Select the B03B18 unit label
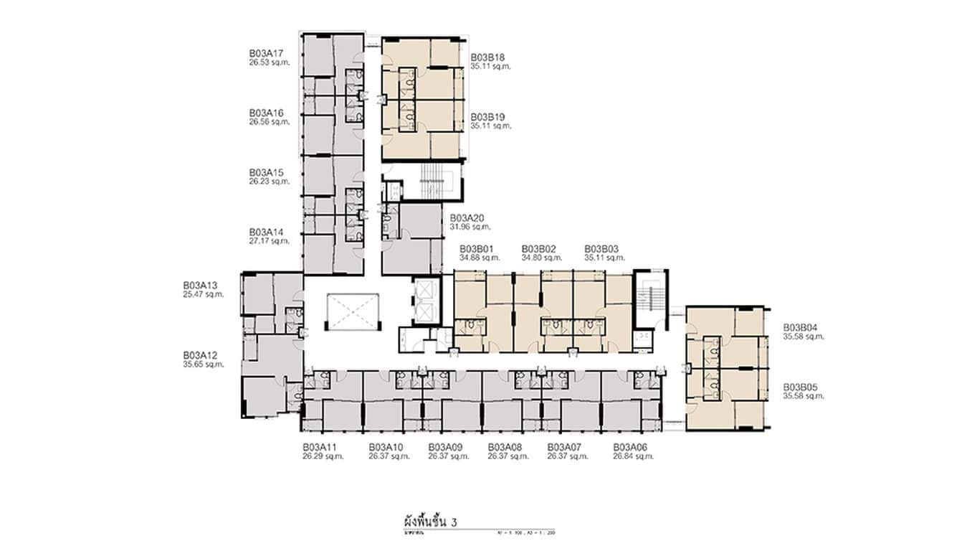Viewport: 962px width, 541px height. coord(488,57)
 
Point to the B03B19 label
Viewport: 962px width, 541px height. coord(488,117)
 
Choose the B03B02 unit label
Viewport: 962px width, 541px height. coord(539,249)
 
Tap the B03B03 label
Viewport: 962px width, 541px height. coord(601,249)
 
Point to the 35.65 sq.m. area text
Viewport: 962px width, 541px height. coord(204,364)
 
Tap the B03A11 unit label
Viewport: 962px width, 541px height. coord(320,447)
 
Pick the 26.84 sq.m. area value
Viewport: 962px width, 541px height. coord(633,456)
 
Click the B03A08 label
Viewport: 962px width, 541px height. coord(505,447)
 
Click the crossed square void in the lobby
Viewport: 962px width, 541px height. coord(351,311)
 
